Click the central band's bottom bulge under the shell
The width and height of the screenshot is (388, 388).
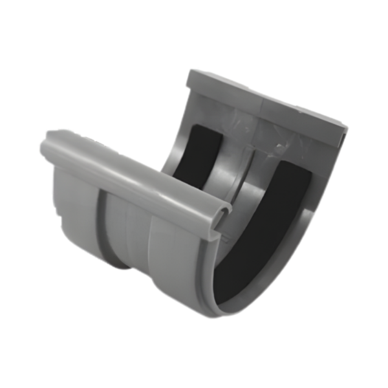coord(120,259)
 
